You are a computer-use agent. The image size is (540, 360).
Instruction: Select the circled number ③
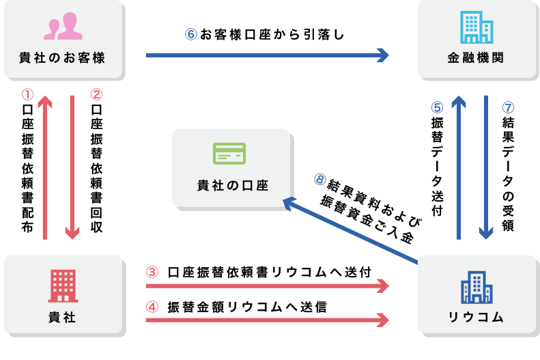click(x=152, y=272)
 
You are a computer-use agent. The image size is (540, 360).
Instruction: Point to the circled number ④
click(x=152, y=307)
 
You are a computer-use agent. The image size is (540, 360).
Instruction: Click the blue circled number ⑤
click(x=438, y=107)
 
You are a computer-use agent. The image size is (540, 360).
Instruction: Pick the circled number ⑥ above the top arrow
click(x=191, y=34)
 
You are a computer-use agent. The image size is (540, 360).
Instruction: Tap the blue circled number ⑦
click(x=507, y=107)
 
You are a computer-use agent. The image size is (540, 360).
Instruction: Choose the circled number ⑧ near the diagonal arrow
click(x=320, y=179)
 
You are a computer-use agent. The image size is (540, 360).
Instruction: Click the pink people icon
click(x=63, y=27)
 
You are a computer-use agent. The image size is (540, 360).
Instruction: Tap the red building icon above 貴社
click(x=63, y=286)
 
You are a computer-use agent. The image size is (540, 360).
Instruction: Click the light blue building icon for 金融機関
click(x=477, y=27)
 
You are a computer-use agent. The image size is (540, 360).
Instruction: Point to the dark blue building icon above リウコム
click(x=477, y=287)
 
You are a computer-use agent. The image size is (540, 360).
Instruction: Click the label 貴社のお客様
click(x=63, y=58)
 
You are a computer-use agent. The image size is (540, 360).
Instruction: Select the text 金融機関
click(x=477, y=58)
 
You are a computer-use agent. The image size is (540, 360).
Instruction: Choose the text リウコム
click(x=477, y=317)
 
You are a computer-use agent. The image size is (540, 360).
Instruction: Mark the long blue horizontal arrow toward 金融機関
click(x=266, y=55)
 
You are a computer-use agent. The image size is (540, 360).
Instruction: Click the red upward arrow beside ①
click(x=45, y=167)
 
